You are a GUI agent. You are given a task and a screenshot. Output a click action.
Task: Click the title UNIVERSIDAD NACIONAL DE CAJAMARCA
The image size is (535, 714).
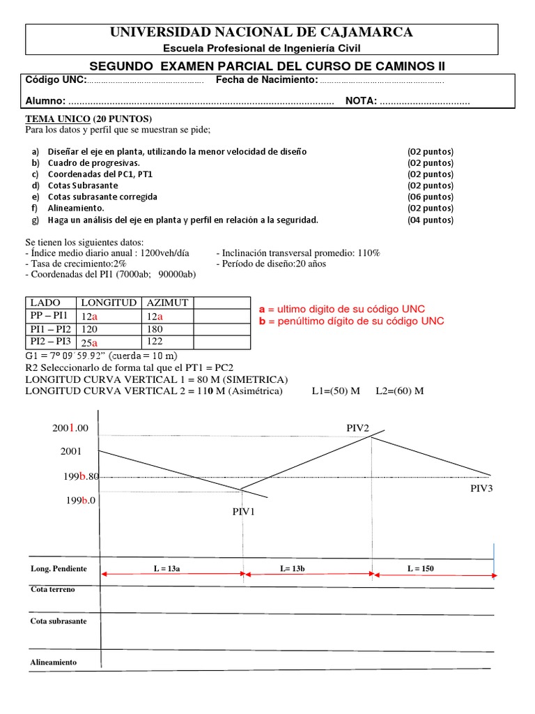tap(262, 32)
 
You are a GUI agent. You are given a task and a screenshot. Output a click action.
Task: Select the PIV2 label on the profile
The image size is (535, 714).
tap(358, 427)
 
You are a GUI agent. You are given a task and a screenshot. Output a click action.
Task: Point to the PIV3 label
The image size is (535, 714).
tap(481, 488)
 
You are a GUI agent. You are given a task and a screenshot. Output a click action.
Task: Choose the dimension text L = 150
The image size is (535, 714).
tap(420, 568)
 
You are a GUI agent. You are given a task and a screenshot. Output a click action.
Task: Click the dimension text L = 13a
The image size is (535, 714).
tap(167, 568)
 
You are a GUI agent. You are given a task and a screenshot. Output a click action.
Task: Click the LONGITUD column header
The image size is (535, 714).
tap(109, 303)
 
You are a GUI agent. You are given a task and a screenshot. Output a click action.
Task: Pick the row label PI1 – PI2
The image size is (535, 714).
tap(49, 328)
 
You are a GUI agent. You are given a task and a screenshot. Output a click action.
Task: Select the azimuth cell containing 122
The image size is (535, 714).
tap(155, 342)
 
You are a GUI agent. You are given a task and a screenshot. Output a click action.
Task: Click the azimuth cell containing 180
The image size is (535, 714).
tap(155, 328)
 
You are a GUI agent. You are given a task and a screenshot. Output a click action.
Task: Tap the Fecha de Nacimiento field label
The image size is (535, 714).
tap(266, 80)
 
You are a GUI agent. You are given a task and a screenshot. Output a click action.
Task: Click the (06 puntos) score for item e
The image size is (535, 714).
tap(430, 197)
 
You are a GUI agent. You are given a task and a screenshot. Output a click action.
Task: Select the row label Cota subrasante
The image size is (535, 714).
tap(59, 621)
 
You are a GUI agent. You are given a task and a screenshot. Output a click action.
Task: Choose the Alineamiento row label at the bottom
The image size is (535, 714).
tap(54, 662)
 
